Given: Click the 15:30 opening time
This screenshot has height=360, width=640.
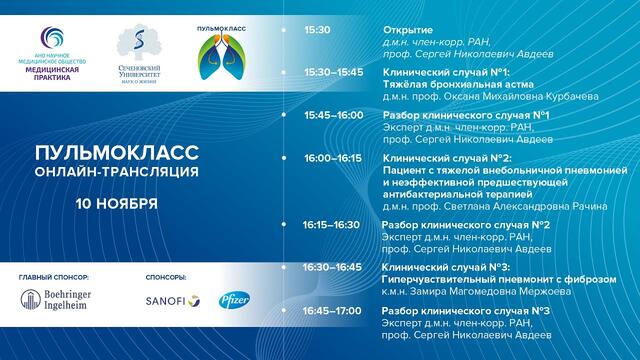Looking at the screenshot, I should pyautogui.click(x=317, y=30).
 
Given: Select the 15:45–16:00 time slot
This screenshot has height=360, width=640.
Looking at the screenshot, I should pyautogui.click(x=335, y=115).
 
